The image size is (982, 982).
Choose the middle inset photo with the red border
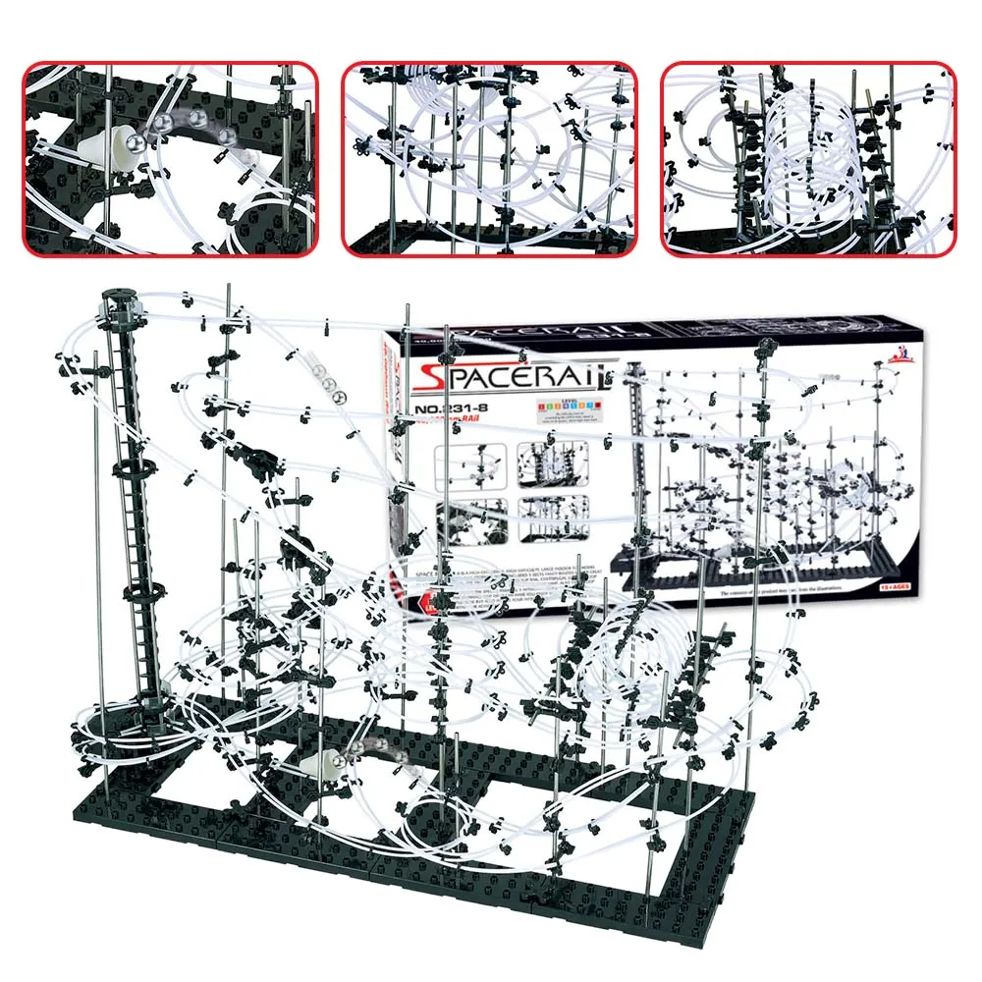pos(489,159)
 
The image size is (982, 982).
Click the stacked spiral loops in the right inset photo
pos(796,157)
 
